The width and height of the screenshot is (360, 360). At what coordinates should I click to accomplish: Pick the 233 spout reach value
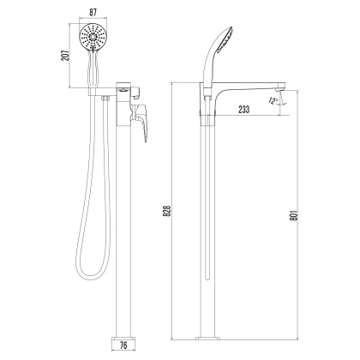pos(244,110)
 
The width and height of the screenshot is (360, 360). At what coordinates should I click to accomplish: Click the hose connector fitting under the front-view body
pos(104,100)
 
